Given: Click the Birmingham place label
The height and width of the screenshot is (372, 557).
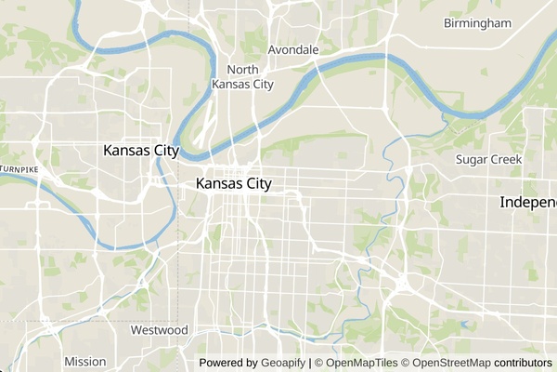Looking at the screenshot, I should (477, 22).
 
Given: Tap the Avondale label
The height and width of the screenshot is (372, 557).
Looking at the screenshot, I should (293, 49).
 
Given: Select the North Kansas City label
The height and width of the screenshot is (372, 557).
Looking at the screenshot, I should (242, 77).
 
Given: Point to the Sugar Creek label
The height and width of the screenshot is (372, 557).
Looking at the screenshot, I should (489, 160).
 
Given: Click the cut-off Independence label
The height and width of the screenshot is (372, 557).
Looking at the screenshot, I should (527, 202).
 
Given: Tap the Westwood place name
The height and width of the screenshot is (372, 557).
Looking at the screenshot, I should (159, 330).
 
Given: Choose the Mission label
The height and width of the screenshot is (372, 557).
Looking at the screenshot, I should (85, 361).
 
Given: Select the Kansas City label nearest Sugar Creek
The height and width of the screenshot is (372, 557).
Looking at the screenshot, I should (234, 184).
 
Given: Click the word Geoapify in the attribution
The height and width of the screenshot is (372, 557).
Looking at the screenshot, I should (283, 363).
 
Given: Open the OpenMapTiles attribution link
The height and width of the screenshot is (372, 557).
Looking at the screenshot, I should (361, 363).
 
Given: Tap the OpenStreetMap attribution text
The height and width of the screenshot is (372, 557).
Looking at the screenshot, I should (451, 363).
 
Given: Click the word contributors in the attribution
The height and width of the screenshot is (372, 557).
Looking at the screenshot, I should (523, 363).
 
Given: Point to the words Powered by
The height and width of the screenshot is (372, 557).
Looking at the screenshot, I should (228, 363).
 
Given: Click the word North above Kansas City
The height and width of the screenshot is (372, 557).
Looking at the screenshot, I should (242, 70).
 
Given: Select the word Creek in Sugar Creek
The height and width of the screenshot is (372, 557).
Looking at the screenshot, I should (507, 160).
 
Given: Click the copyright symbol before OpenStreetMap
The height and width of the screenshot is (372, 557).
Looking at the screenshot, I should (406, 363).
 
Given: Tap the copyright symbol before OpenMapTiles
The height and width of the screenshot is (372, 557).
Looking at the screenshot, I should (317, 363).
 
